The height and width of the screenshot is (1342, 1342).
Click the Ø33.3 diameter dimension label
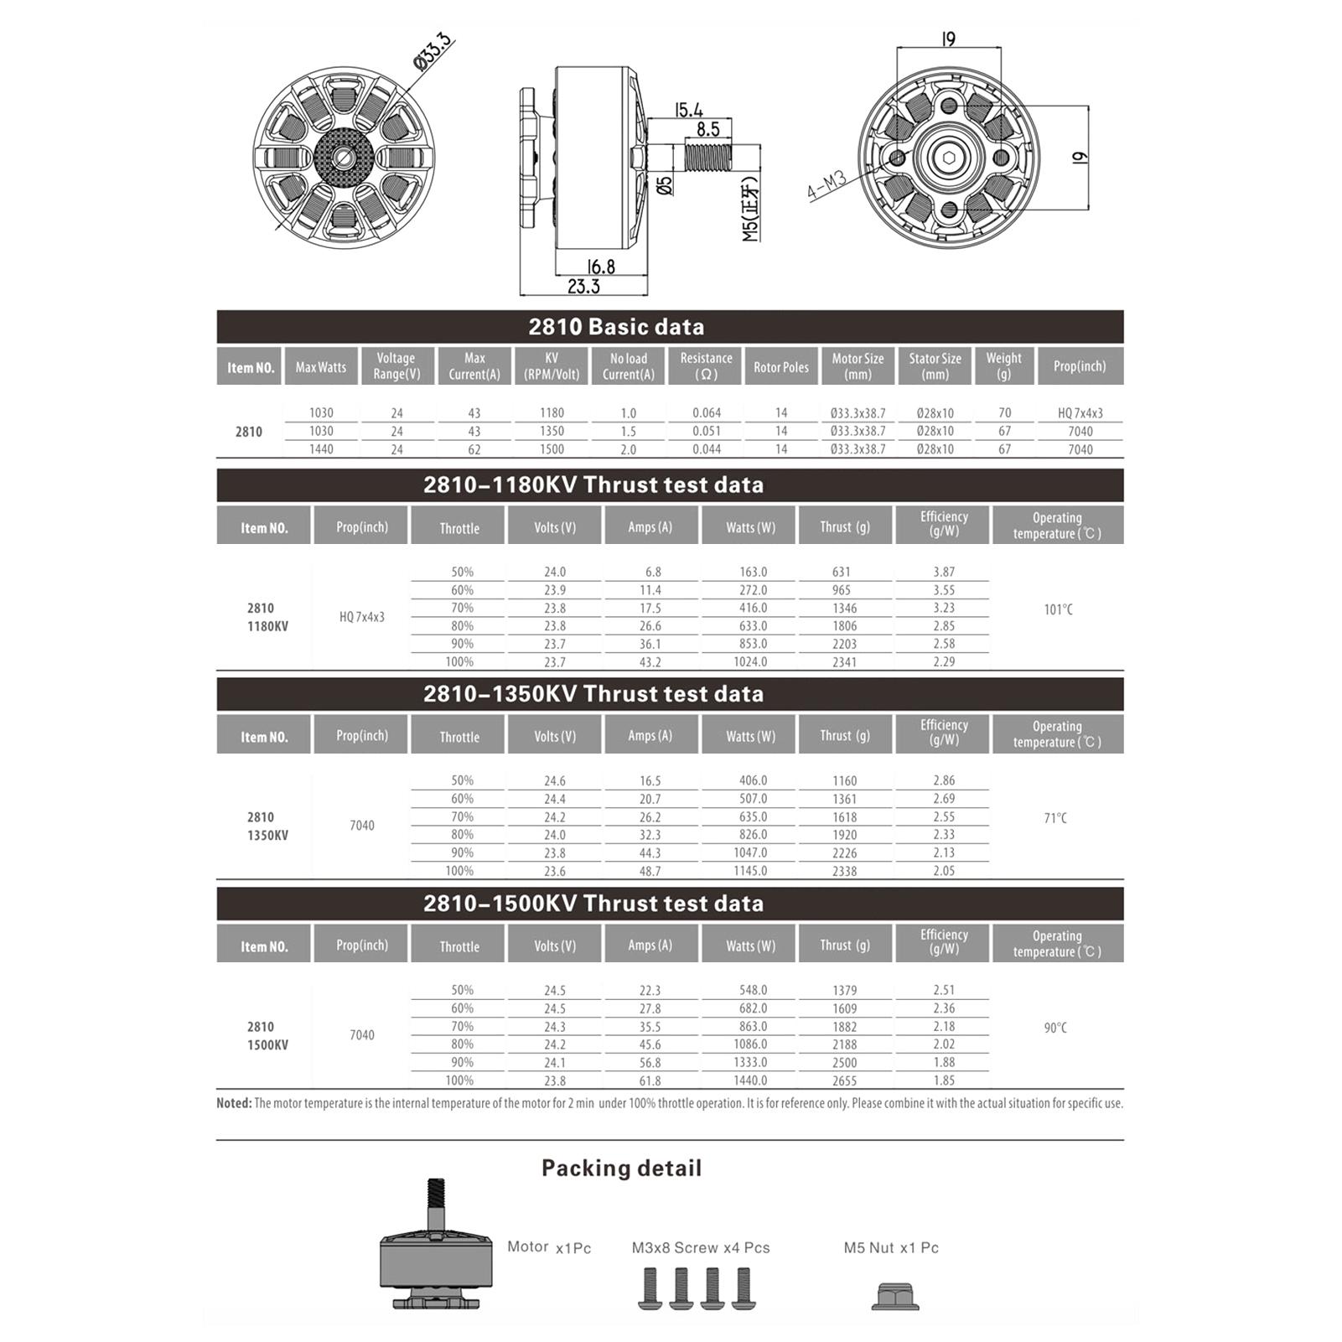433,51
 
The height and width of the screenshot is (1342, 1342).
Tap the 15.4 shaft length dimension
688,110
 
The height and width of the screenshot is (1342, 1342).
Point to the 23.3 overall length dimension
583,287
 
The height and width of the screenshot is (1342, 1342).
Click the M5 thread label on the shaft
751,208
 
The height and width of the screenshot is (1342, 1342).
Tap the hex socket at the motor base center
948,158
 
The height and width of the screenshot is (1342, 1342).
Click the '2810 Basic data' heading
616,327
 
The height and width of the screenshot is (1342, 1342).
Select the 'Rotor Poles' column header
781,367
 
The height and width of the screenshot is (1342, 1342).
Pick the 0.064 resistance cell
707,413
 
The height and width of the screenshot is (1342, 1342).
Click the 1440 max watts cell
321,449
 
